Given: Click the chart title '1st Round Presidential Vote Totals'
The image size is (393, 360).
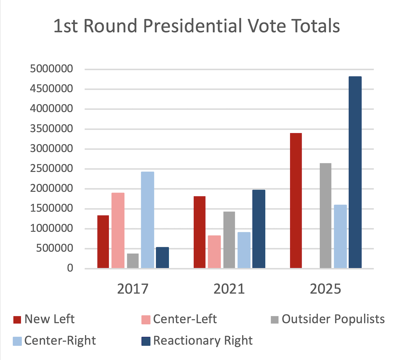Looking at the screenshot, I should point(196,27).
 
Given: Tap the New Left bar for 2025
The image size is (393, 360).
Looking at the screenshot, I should point(296,201).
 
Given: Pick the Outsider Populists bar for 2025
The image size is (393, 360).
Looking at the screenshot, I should point(325,216).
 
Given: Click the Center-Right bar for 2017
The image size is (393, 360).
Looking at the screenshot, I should point(147,220).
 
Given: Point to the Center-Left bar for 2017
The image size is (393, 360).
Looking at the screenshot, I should point(118,230).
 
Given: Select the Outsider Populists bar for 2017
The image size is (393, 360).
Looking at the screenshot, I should point(133,260).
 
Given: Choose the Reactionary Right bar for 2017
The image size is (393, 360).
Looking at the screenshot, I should point(162,257).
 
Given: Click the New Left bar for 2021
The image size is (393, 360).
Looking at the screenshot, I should point(200,232).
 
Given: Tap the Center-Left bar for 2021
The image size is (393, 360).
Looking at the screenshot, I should point(214,252).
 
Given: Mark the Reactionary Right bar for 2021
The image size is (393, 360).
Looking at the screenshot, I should point(259,229).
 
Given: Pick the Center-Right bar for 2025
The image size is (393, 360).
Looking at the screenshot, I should point(340,236).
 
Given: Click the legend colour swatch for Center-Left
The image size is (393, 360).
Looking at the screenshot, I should point(146,319).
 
